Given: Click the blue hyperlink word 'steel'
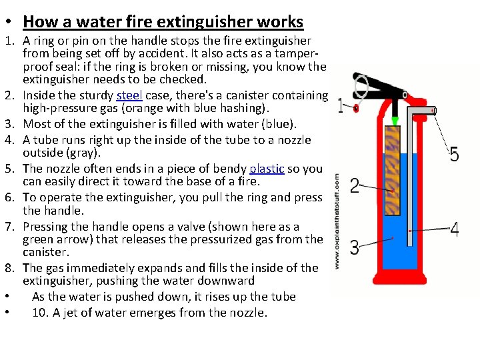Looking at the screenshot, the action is pos(130,95).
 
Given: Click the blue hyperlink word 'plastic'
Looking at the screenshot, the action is pos(267,169).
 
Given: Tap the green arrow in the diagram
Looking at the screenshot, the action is pos(395,121).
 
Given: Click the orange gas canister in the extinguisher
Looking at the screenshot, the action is pos(393,170).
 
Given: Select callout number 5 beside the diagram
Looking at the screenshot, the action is pos(454,155).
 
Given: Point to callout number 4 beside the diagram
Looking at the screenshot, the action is pos(454,230).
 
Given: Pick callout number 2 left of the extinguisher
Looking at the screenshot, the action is pos(355,185).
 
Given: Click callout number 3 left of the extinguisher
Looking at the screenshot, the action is pos(355,248).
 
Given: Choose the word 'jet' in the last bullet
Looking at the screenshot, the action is pos(69,312).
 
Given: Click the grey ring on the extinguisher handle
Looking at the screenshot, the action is pos(361,86).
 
